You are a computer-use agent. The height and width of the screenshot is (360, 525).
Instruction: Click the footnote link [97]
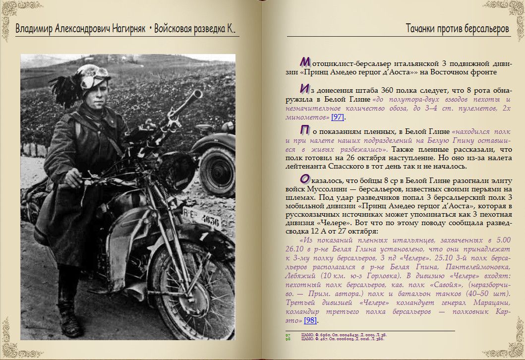pyautogui.click(x=338, y=117)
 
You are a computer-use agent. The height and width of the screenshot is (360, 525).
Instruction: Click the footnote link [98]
pyautogui.click(x=310, y=320)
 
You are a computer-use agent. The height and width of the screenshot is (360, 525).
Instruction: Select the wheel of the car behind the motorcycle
pyautogui.click(x=218, y=172)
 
